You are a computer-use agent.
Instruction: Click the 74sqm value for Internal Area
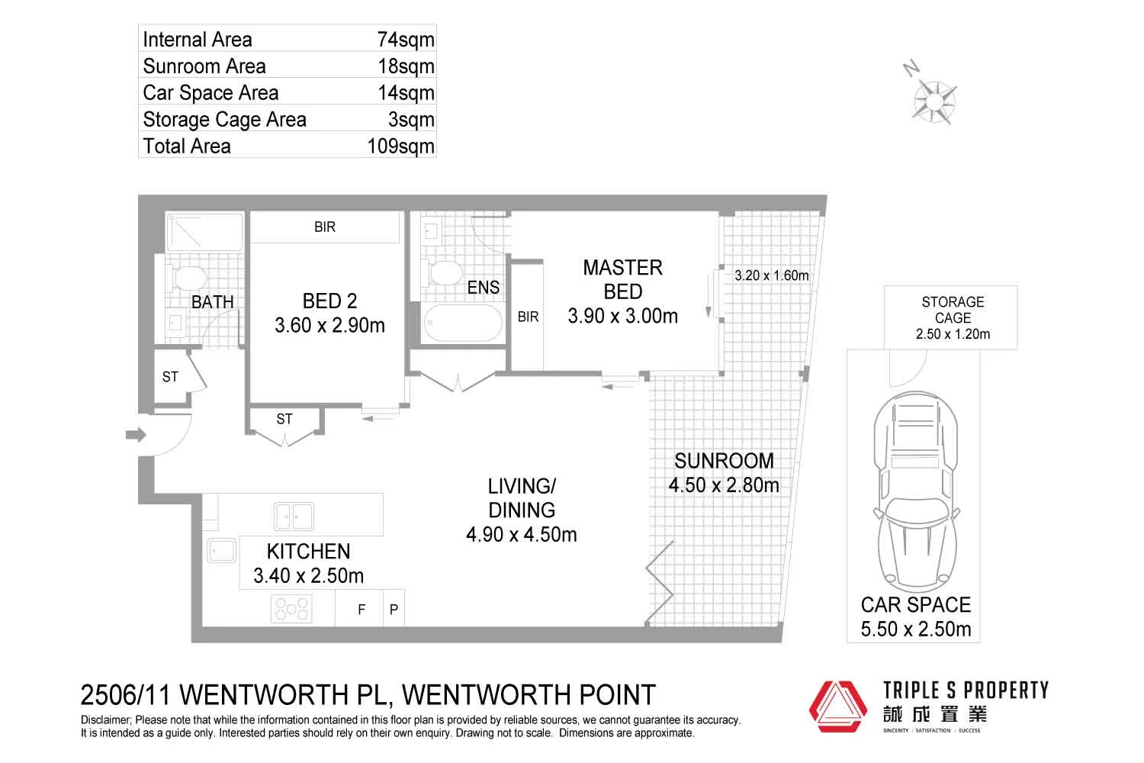click(x=406, y=40)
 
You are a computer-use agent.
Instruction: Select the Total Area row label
click(x=187, y=146)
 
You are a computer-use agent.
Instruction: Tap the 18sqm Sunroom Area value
click(x=406, y=66)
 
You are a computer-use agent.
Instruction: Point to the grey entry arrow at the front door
click(x=136, y=435)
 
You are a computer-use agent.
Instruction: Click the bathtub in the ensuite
click(x=463, y=324)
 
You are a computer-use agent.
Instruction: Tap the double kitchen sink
click(x=294, y=517)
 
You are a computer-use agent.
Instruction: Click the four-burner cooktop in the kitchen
click(x=292, y=609)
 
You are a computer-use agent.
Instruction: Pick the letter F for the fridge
click(x=362, y=610)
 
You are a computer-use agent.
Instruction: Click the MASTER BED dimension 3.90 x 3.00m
click(x=622, y=316)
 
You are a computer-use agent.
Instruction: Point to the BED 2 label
click(x=329, y=301)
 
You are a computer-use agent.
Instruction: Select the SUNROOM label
click(x=724, y=461)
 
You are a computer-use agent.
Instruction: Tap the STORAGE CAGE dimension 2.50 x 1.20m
click(x=953, y=334)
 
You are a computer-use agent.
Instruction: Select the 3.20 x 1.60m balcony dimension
click(x=771, y=275)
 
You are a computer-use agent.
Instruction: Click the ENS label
click(x=484, y=288)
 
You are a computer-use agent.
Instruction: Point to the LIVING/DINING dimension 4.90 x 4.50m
click(x=521, y=534)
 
